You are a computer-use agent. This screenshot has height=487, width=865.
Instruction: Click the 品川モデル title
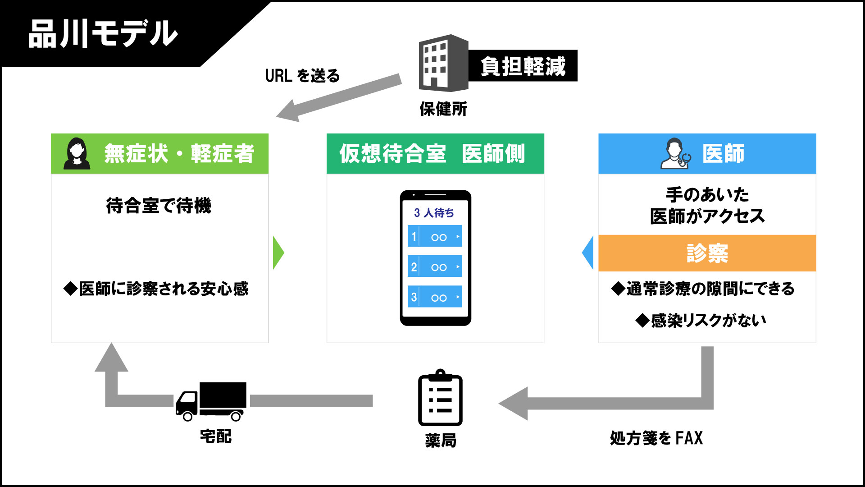click(x=103, y=34)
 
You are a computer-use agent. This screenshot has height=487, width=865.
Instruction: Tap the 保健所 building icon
click(x=443, y=63)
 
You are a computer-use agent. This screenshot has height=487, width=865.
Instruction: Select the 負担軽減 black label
click(x=523, y=66)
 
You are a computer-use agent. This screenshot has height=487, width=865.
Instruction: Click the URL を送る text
click(x=302, y=76)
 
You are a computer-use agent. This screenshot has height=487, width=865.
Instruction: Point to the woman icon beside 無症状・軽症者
click(x=77, y=154)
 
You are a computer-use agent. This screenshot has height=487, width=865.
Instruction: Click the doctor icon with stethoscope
click(x=675, y=154)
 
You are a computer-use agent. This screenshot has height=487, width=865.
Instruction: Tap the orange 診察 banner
click(x=707, y=253)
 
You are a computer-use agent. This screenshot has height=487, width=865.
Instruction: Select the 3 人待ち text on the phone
click(x=434, y=212)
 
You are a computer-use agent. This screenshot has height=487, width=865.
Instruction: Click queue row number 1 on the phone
click(x=435, y=236)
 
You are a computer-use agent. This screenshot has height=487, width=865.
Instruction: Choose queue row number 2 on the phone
click(x=435, y=266)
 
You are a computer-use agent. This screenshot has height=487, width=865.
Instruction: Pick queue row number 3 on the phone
click(x=435, y=297)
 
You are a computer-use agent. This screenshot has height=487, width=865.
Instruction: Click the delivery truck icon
click(x=211, y=401)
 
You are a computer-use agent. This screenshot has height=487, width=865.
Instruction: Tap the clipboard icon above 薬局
click(x=440, y=398)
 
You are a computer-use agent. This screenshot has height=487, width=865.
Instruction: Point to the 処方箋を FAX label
click(x=656, y=438)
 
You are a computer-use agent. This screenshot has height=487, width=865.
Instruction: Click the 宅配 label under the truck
click(x=216, y=436)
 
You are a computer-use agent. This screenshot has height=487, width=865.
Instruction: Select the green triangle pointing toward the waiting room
click(x=278, y=253)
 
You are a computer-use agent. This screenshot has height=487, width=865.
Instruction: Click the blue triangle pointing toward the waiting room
click(x=588, y=253)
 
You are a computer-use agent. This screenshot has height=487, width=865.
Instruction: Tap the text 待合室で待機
click(x=159, y=206)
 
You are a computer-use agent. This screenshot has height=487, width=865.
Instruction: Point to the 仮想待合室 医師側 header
click(x=435, y=154)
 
